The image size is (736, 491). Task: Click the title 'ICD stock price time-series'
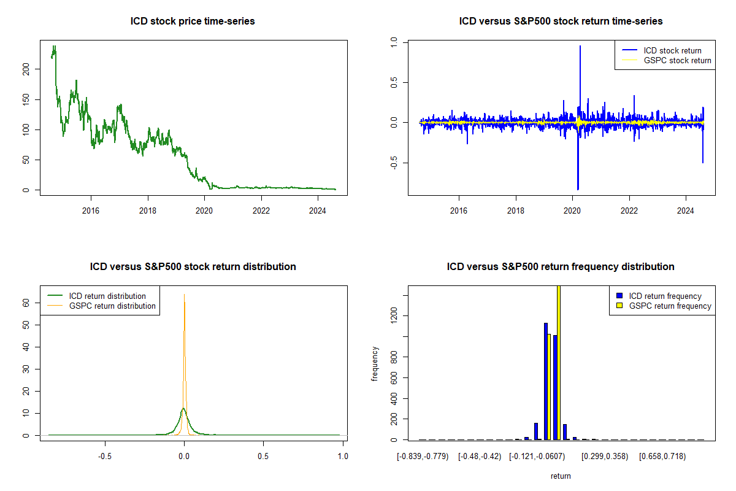coord(193,21)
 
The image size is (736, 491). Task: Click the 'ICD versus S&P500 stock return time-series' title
coord(561,21)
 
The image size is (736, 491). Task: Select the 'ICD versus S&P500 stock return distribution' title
coord(193,267)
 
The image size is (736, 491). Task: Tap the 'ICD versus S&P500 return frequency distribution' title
coord(561,267)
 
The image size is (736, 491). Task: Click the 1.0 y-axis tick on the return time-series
coord(394,42)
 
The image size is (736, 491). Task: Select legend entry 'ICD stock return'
coord(672,50)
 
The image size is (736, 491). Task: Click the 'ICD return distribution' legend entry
coord(107,296)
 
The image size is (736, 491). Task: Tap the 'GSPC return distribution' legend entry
coord(112,306)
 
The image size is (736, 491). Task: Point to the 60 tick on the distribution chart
coord(26,303)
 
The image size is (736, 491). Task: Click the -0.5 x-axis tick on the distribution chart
coord(105,457)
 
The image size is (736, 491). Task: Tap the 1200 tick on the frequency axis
coord(394,315)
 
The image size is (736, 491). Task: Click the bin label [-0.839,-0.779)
coord(423,457)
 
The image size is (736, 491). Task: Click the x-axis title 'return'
coord(561,476)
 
